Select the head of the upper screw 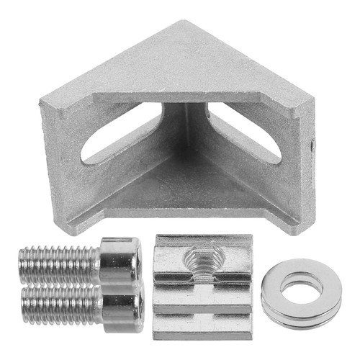120,261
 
